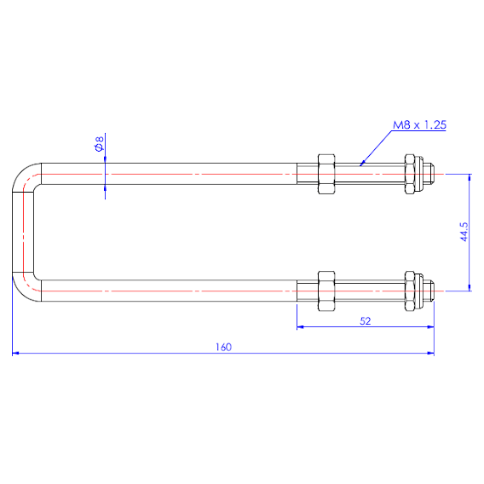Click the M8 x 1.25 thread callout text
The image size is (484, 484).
tap(419, 125)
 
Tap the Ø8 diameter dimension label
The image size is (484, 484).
tap(99, 144)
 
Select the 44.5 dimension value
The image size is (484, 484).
tap(464, 232)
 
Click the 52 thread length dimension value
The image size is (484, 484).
tap(366, 321)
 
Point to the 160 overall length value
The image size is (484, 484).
tap(223, 348)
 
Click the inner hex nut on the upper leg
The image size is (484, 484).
tap(326, 174)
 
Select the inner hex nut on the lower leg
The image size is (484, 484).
tap(326, 291)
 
